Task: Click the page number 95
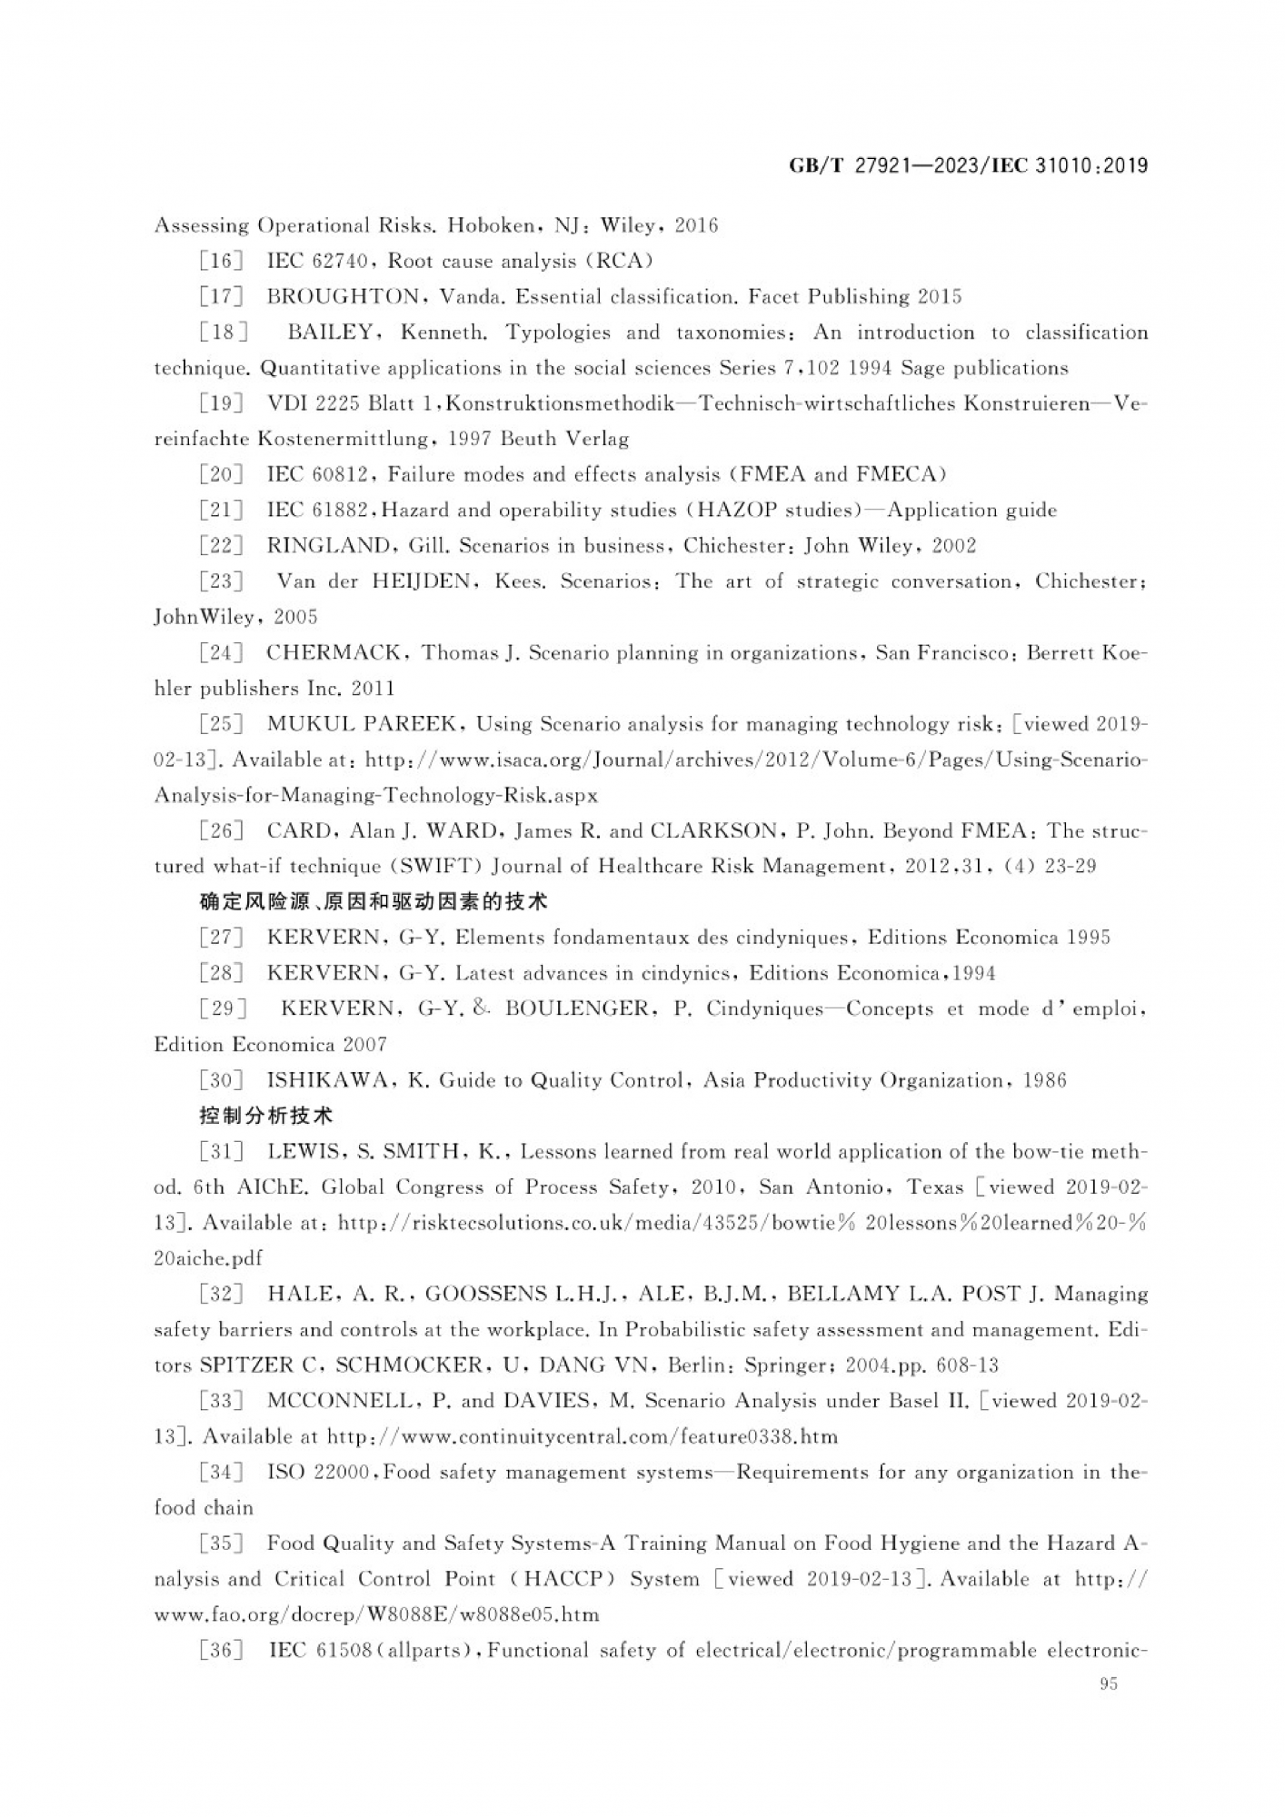(x=1108, y=1683)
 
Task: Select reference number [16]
(x=221, y=262)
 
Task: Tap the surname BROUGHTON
(x=344, y=297)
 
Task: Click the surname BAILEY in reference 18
(x=330, y=333)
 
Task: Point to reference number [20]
(x=221, y=474)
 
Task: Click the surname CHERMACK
(x=333, y=652)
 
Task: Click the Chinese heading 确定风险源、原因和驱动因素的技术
(x=374, y=902)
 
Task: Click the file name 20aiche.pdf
(x=208, y=1258)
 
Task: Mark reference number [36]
(x=221, y=1650)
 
